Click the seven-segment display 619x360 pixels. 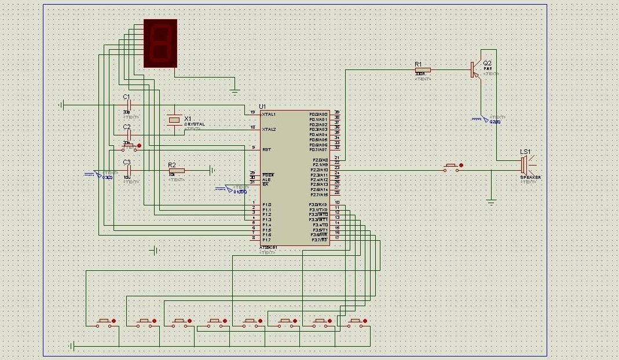(x=159, y=43)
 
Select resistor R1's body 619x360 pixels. (x=423, y=70)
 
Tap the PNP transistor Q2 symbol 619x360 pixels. (x=476, y=70)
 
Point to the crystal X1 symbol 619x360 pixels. (x=174, y=119)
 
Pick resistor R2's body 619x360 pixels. (x=176, y=170)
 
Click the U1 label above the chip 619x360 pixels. (x=262, y=106)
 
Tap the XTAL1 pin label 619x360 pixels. (x=269, y=114)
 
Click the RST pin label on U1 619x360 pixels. (x=266, y=149)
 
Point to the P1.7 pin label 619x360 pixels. (x=266, y=240)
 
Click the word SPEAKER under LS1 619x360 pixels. (x=530, y=177)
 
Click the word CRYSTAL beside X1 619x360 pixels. (x=194, y=124)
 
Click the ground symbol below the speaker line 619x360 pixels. (x=491, y=201)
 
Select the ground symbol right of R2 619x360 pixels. (x=213, y=170)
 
